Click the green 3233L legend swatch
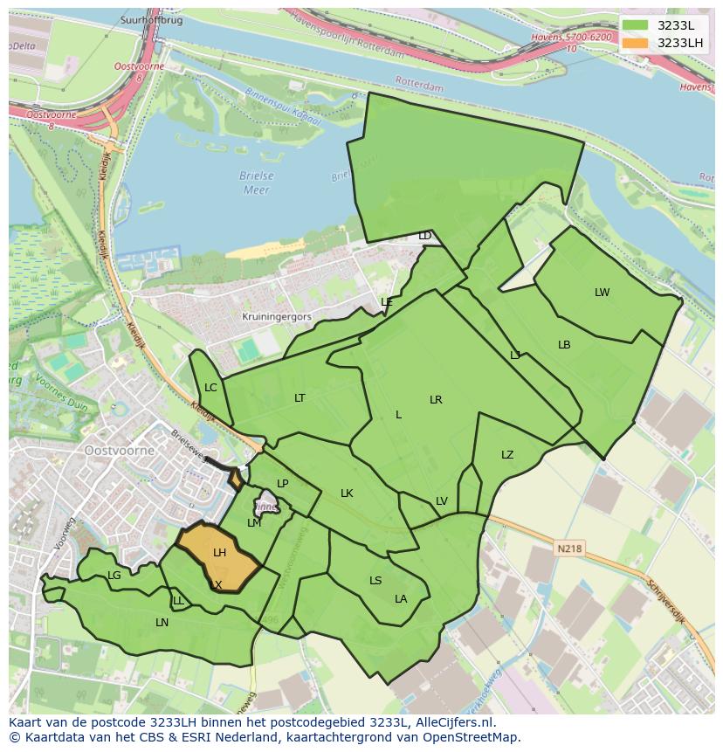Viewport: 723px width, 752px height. (635, 25)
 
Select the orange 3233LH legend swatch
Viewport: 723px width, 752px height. (635, 43)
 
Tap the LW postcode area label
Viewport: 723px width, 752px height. (602, 293)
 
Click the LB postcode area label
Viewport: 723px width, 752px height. (564, 345)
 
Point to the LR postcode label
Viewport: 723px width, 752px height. (436, 400)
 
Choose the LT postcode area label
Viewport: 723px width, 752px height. (300, 398)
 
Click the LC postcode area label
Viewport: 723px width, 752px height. (210, 388)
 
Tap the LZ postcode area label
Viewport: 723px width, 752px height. (507, 455)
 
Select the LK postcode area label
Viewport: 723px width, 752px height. (347, 493)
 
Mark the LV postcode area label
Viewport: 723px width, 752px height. (441, 501)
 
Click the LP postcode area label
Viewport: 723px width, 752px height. (282, 484)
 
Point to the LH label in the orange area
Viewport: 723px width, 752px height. (219, 553)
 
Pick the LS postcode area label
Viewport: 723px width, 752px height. (375, 581)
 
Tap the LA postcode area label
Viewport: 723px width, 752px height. (401, 599)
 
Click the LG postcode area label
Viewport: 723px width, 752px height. (114, 576)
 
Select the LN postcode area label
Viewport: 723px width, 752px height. (162, 623)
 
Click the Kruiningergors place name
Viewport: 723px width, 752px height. (277, 317)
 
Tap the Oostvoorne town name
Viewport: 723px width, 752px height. (120, 451)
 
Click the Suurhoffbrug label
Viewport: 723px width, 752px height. (152, 20)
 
